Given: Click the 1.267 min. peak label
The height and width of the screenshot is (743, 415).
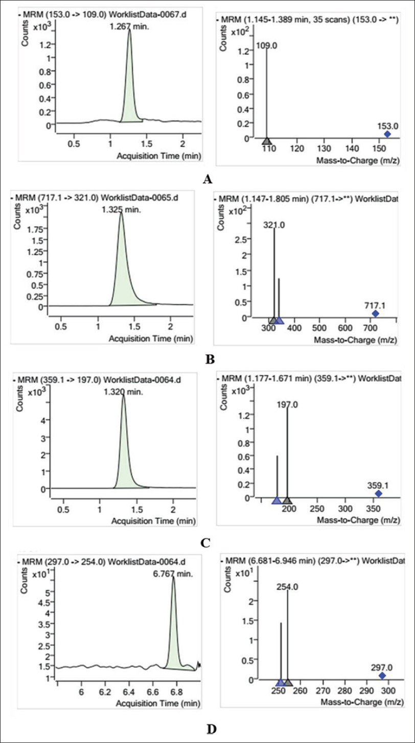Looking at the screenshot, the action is pyautogui.click(x=129, y=27).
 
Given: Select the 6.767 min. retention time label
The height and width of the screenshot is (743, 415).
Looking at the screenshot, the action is pyautogui.click(x=173, y=574).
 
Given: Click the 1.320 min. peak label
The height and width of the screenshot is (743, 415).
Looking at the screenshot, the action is pyautogui.click(x=123, y=392).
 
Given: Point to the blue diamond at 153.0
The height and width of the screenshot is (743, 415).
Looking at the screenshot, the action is pyautogui.click(x=387, y=134).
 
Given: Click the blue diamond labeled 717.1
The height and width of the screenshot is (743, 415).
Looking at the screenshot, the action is pyautogui.click(x=376, y=314).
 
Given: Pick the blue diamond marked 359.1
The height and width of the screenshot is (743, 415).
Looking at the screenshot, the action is pyautogui.click(x=379, y=494).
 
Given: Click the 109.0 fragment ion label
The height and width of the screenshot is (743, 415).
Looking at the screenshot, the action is pyautogui.click(x=267, y=45).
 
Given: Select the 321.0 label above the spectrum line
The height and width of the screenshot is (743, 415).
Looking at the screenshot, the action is pyautogui.click(x=274, y=225).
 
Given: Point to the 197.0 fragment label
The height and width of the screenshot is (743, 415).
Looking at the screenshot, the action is pyautogui.click(x=287, y=404).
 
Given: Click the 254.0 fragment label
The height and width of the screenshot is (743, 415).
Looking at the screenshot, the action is pyautogui.click(x=288, y=587).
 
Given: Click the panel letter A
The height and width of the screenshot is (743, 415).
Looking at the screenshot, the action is pyautogui.click(x=207, y=179).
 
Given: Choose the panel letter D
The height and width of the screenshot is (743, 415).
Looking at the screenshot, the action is pyautogui.click(x=212, y=729).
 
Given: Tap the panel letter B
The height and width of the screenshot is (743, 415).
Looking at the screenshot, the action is pyautogui.click(x=210, y=359).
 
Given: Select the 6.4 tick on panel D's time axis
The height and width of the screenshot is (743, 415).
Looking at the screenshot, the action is pyautogui.click(x=129, y=692).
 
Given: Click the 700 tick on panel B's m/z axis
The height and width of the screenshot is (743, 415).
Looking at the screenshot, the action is pyautogui.click(x=371, y=328).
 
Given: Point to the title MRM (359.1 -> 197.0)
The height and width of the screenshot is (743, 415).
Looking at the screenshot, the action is pyautogui.click(x=59, y=380).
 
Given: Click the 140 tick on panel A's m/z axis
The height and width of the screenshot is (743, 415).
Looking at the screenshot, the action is pyautogui.click(x=352, y=148).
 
